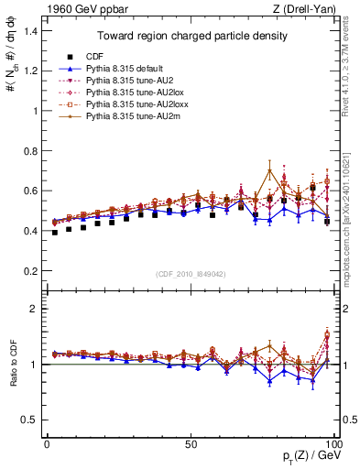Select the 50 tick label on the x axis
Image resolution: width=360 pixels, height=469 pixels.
tap(191, 443)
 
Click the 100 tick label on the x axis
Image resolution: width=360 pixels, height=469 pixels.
tap(334, 443)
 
